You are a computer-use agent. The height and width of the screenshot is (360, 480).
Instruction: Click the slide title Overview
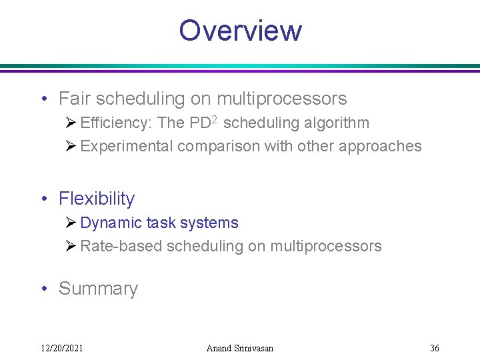[240, 31]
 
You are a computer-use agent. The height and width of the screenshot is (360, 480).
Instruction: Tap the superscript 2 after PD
[216, 120]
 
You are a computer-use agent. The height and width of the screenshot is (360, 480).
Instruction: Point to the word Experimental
[127, 146]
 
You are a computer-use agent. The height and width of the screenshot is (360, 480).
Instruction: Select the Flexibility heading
[97, 199]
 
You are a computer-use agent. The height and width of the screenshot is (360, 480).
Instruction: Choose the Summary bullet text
[98, 289]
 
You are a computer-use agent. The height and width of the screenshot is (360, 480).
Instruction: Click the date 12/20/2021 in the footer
[62, 348]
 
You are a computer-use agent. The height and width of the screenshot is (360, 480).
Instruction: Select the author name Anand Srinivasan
[240, 348]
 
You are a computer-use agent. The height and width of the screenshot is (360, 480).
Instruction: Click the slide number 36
[435, 348]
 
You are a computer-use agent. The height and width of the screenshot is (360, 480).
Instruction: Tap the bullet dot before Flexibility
[43, 199]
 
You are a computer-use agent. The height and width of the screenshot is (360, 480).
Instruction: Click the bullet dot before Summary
[43, 289]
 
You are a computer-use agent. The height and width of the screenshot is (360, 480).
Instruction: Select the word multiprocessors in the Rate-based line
[325, 246]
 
